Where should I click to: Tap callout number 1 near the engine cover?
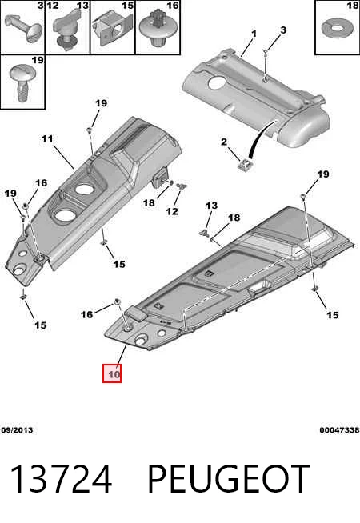pyautogui.click(x=254, y=34)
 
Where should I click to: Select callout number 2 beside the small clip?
pyautogui.click(x=224, y=142)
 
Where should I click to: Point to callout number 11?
pyautogui.click(x=47, y=138)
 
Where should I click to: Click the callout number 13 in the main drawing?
pyautogui.click(x=211, y=206)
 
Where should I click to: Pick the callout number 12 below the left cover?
pyautogui.click(x=172, y=211)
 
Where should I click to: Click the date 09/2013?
pyautogui.click(x=17, y=430)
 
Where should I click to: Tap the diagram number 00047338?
pyautogui.click(x=339, y=430)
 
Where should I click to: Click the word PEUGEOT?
pyautogui.click(x=228, y=479)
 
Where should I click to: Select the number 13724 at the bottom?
pyautogui.click(x=61, y=479)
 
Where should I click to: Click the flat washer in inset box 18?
pyautogui.click(x=337, y=28)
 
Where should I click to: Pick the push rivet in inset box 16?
pyautogui.click(x=157, y=28)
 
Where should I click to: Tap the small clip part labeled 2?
pyautogui.click(x=246, y=165)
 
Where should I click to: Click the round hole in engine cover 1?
pyautogui.click(x=218, y=82)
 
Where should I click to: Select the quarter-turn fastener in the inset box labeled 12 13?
pyautogui.click(x=66, y=30)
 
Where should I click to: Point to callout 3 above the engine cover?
pyautogui.click(x=283, y=30)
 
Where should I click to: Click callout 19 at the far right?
pyautogui.click(x=323, y=174)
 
